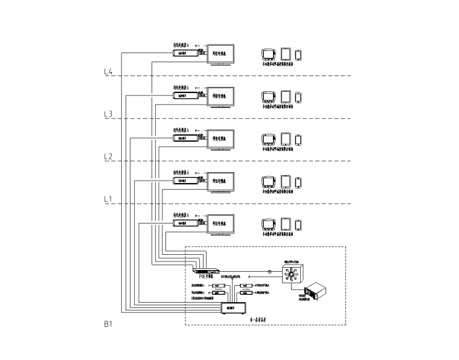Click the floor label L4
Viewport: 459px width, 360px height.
pos(109,72)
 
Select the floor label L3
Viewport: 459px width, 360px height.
pos(109,114)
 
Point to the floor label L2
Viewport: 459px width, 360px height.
pos(109,156)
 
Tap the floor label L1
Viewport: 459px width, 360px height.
pos(109,199)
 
